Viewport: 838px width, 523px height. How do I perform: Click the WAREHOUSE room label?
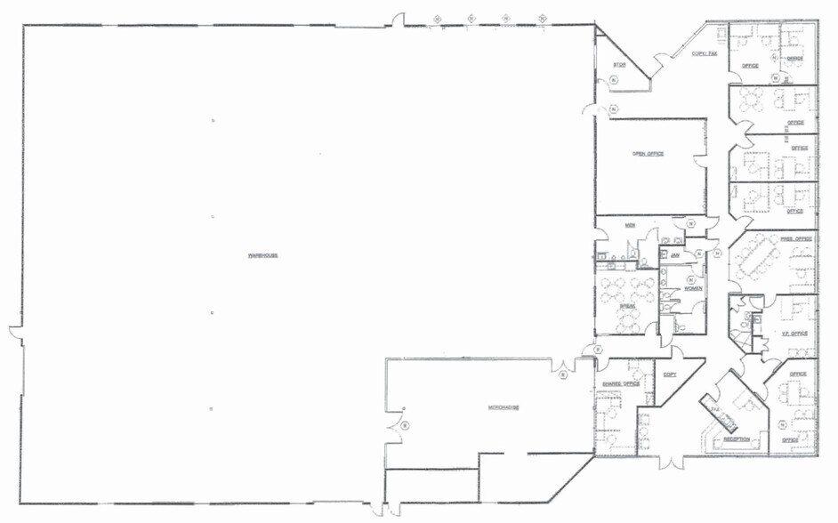click(x=263, y=256)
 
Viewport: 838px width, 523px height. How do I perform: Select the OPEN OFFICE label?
click(x=648, y=154)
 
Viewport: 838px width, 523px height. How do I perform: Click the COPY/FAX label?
click(x=705, y=54)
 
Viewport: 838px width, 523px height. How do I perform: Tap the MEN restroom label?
click(x=629, y=226)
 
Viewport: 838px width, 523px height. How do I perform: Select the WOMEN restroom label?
click(x=693, y=288)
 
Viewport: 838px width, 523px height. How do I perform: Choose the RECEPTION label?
click(x=735, y=439)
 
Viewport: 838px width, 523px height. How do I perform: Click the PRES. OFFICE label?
click(x=797, y=239)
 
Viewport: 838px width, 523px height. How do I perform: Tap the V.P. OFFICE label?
click(x=794, y=334)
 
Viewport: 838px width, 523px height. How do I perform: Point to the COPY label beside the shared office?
click(x=670, y=374)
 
